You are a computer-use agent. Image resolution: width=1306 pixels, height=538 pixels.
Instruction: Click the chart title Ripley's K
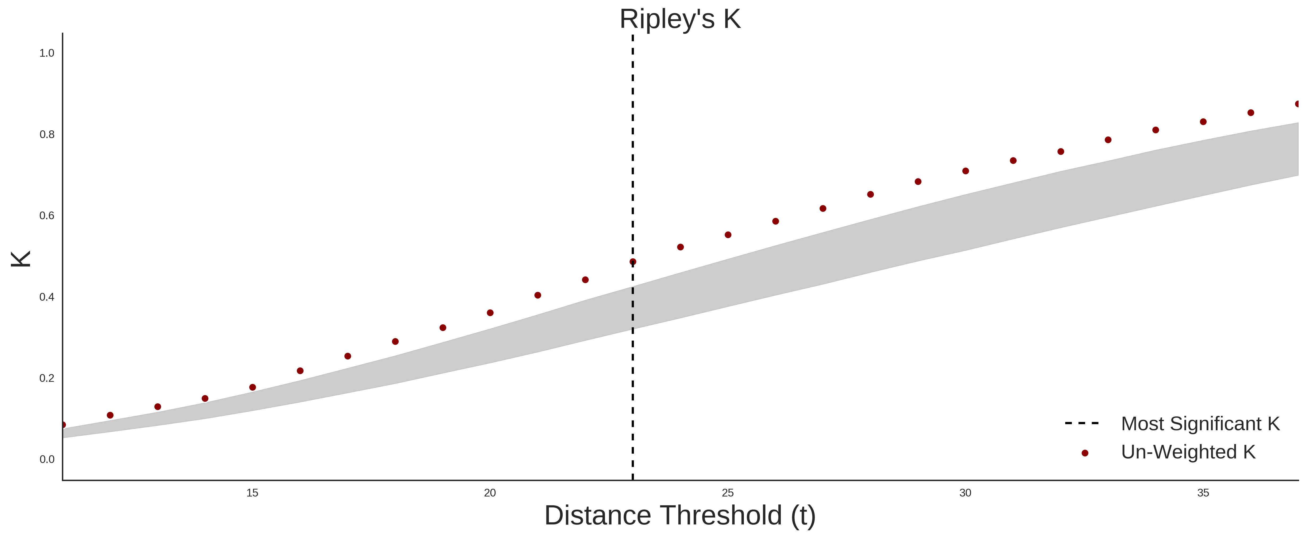(x=680, y=19)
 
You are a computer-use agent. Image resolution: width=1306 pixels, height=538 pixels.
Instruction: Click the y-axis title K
(x=21, y=259)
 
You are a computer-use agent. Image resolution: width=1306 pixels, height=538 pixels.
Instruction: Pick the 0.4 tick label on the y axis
(x=47, y=297)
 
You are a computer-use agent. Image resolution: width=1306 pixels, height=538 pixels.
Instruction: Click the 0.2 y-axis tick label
(x=47, y=378)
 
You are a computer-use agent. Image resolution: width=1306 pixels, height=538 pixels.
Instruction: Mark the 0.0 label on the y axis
(x=47, y=459)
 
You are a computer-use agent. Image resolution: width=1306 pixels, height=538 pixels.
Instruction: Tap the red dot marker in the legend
(x=1085, y=453)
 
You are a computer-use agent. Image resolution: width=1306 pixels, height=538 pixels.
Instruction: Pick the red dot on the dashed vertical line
(x=633, y=262)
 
